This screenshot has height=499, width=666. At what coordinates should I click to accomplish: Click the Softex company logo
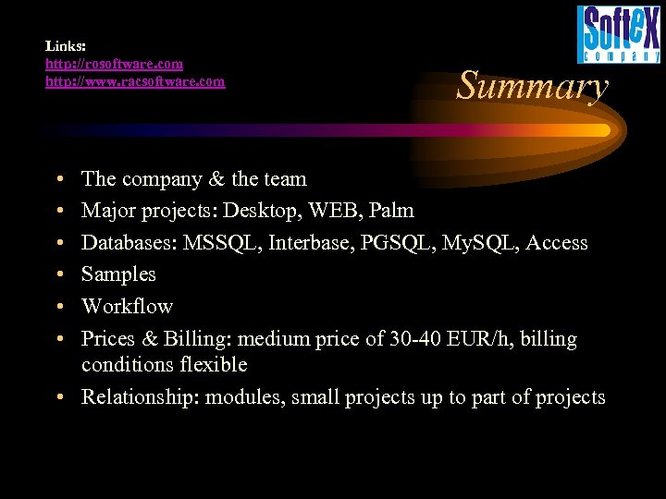pyautogui.click(x=619, y=34)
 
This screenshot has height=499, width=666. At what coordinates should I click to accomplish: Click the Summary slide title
pyautogui.click(x=533, y=86)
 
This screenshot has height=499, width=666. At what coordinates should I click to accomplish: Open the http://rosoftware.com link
pyautogui.click(x=115, y=64)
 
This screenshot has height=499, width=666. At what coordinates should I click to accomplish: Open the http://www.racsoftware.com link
pyautogui.click(x=135, y=81)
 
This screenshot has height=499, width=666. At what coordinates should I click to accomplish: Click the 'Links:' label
pyautogui.click(x=66, y=44)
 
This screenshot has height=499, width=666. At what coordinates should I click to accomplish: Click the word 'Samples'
pyautogui.click(x=118, y=274)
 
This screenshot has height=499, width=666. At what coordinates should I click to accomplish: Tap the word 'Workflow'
pyautogui.click(x=127, y=306)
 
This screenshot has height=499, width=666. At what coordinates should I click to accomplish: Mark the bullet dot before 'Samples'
pyautogui.click(x=58, y=274)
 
